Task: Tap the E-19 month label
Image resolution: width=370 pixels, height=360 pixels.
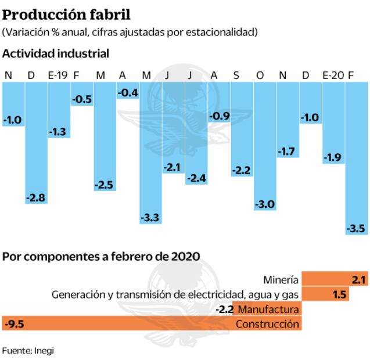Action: (58, 75)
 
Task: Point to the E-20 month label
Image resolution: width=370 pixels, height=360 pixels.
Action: (333, 75)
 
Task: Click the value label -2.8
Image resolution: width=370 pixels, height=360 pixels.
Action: (35, 198)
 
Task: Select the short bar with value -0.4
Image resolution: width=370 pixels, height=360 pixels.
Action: (127, 90)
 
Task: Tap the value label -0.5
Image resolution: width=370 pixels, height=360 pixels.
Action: (82, 99)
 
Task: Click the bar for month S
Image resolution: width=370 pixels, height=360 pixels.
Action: (242, 128)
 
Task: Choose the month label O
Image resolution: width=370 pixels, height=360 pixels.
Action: (260, 75)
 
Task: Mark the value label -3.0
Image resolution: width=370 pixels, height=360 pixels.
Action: (265, 204)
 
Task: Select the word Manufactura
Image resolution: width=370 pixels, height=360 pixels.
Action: (269, 309)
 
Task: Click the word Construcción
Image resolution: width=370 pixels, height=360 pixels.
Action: (267, 323)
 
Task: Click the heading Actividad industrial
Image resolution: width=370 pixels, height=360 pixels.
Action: (56, 53)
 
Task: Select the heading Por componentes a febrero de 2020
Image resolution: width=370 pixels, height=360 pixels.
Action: (101, 256)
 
